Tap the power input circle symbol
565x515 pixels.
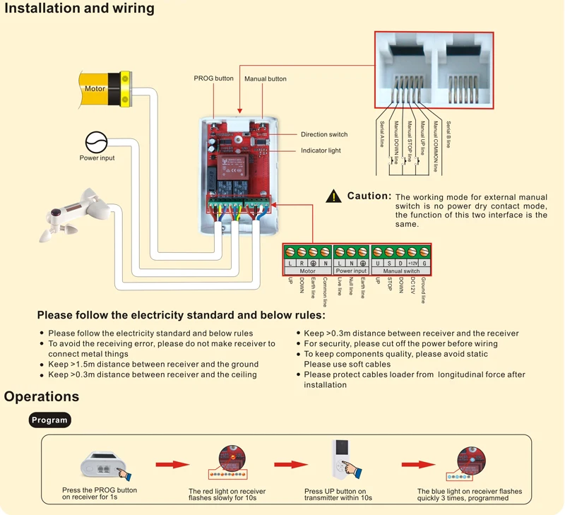(96, 142)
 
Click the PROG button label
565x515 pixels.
(213, 78)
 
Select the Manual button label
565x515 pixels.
(266, 78)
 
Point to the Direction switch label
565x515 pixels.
(324, 134)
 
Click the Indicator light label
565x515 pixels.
(321, 150)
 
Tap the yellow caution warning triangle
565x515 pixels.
(333, 196)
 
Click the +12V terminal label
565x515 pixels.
(412, 263)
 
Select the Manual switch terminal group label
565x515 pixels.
(401, 271)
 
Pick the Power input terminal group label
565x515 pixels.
(351, 271)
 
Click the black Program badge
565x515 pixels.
(49, 420)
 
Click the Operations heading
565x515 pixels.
(42, 396)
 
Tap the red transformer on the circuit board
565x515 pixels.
(232, 167)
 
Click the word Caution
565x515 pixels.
(369, 196)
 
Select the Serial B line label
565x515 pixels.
(448, 134)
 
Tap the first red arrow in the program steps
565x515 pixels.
(172, 464)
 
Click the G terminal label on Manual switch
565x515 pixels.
(424, 263)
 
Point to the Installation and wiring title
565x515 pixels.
(79, 8)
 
